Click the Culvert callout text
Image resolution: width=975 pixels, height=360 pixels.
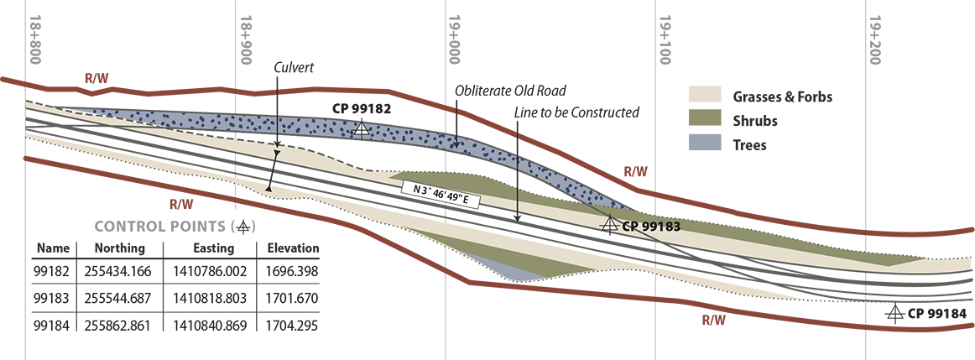[x=294, y=67]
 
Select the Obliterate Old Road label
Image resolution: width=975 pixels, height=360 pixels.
[x=510, y=91]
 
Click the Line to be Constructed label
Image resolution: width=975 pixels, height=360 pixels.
[x=576, y=112]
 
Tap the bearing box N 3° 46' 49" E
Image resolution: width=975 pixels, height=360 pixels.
[x=441, y=196]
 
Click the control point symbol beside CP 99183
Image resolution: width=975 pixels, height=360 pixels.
[x=609, y=224]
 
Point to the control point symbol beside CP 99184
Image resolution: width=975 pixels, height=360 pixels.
[x=894, y=313]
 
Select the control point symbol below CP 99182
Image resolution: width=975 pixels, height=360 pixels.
[x=362, y=128]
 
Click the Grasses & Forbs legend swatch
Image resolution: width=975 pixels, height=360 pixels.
[x=705, y=94]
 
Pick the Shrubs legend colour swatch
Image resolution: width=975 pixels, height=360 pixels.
[x=705, y=118]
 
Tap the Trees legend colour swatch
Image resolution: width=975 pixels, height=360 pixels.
[x=705, y=143]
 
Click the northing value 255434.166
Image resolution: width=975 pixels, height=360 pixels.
[x=119, y=271]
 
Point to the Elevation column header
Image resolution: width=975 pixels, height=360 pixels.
[x=293, y=248]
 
